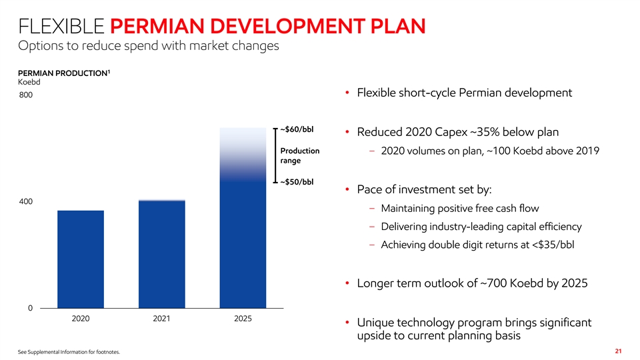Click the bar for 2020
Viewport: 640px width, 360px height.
click(x=81, y=259)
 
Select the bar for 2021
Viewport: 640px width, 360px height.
click(x=161, y=253)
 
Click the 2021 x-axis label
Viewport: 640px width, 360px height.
click(x=161, y=318)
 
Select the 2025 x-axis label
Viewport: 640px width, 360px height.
click(x=243, y=318)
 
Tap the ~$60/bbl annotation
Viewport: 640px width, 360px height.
click(x=297, y=129)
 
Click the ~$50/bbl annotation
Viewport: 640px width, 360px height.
click(x=297, y=181)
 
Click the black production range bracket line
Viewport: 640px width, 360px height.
click(x=275, y=155)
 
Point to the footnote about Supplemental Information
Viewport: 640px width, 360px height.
click(x=65, y=351)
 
